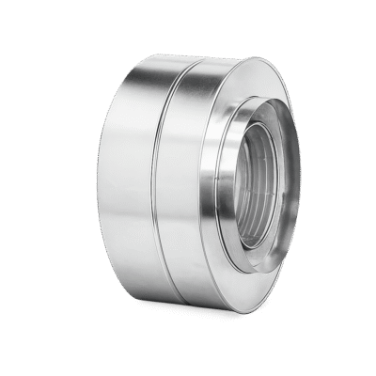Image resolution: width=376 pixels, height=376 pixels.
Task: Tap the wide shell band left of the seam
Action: tap(103, 188)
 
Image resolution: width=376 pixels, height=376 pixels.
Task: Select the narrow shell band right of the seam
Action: tap(193, 188)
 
